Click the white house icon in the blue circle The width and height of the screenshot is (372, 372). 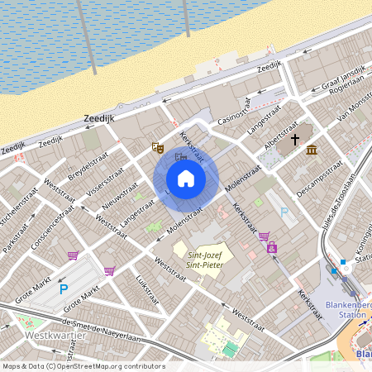tap(186, 179)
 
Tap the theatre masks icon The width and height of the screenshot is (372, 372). tap(157, 147)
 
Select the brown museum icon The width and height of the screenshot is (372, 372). tap(312, 150)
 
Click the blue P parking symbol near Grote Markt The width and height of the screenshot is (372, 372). tap(64, 289)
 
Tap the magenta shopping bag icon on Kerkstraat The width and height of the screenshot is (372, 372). tap(271, 247)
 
